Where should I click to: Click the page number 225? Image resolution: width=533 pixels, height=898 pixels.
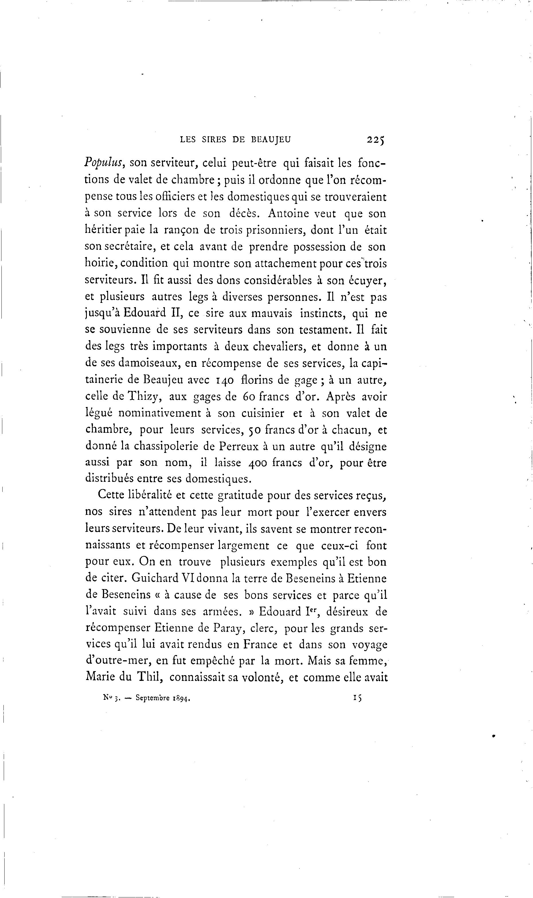[x=375, y=139]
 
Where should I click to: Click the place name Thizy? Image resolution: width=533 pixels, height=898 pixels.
[x=145, y=397]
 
